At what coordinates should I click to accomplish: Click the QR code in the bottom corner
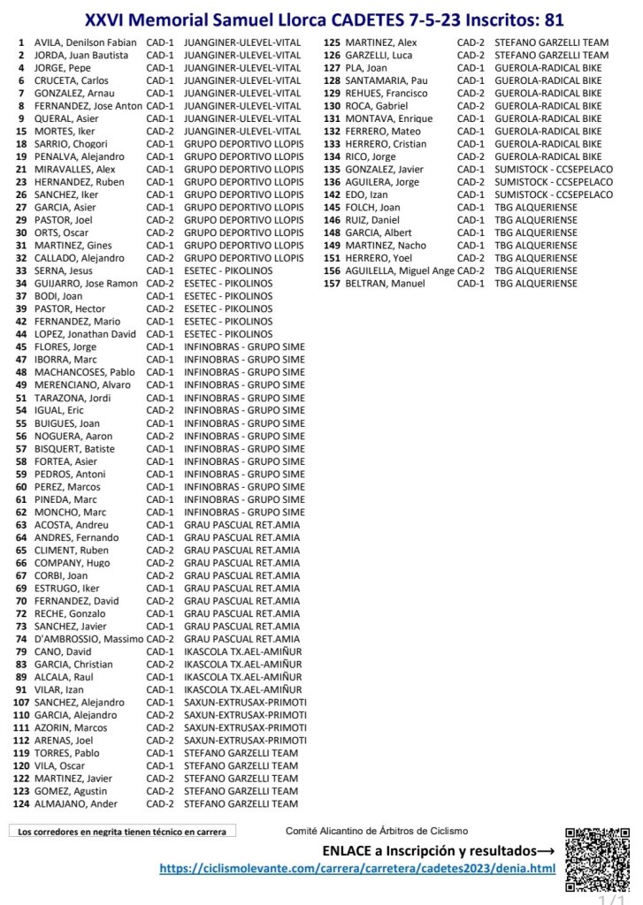tap(597, 860)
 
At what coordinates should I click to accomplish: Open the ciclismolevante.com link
tap(357, 869)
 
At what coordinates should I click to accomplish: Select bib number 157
tap(333, 284)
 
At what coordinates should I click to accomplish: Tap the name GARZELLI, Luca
tap(379, 55)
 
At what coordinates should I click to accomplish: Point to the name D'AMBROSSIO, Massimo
tap(88, 639)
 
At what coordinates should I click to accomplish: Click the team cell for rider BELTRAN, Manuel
tap(536, 284)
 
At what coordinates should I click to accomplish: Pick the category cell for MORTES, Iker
tap(160, 131)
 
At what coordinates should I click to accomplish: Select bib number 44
tap(21, 334)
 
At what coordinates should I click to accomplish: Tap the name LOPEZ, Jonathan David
tap(86, 334)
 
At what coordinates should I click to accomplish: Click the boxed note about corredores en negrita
tap(122, 832)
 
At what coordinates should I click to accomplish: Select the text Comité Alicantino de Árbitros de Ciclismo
tap(377, 831)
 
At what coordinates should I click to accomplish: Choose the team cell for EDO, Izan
tap(554, 194)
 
